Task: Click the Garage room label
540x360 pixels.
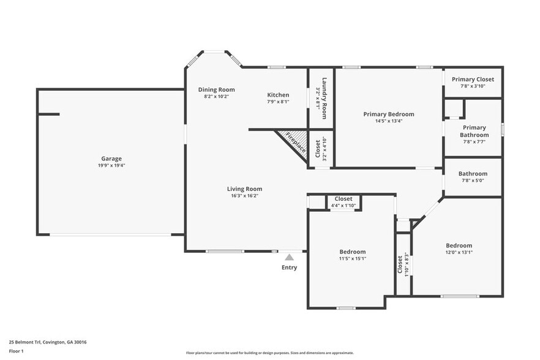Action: tap(111, 159)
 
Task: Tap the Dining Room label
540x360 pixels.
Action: tap(216, 90)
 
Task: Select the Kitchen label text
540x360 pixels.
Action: tap(278, 95)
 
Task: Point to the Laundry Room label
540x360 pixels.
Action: tap(324, 98)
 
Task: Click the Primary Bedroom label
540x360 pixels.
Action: tap(388, 114)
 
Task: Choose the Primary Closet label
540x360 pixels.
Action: tap(473, 79)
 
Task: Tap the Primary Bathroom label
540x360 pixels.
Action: tap(474, 131)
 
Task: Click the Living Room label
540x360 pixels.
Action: tap(244, 189)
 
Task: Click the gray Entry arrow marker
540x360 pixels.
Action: tap(289, 257)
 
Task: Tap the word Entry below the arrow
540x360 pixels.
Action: tap(289, 268)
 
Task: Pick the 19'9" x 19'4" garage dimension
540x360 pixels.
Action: tap(111, 165)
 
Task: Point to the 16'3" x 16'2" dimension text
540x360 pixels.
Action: tap(244, 196)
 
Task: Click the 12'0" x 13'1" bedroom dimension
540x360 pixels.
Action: tap(459, 252)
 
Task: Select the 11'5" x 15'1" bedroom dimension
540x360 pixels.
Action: tap(352, 258)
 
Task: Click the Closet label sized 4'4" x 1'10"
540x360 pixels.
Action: tap(343, 199)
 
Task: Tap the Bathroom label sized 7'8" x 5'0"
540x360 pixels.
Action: tap(473, 174)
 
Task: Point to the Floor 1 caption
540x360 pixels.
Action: tap(16, 351)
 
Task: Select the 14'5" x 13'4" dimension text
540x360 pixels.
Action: tap(388, 121)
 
